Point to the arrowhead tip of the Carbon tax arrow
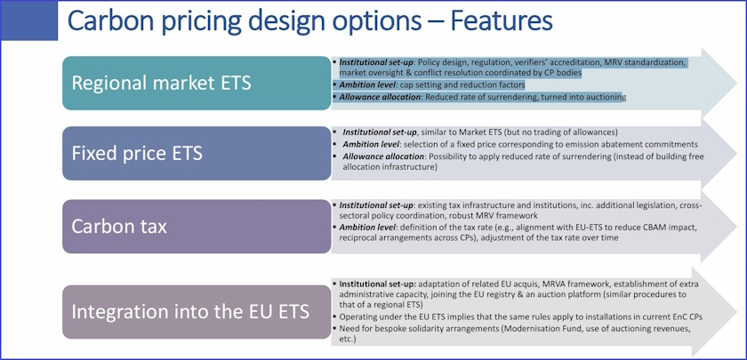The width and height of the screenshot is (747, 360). [735, 222]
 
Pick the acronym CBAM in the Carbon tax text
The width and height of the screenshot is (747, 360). [645, 227]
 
